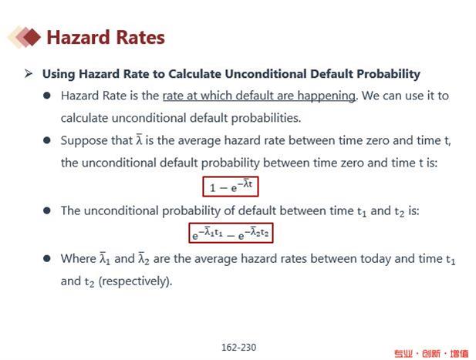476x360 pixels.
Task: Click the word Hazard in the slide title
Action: pos(79,37)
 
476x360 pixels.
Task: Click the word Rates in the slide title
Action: pos(140,37)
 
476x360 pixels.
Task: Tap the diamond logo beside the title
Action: pos(24,37)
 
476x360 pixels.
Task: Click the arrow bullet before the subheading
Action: pos(29,74)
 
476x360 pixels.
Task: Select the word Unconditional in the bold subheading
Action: pos(265,74)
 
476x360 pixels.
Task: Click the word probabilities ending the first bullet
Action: pos(266,118)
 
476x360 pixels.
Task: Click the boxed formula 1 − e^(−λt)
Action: pos(231,187)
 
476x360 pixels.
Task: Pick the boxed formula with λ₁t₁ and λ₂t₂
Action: pos(231,233)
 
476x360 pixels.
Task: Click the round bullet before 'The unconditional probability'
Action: pos(47,210)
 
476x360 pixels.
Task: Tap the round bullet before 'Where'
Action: pos(47,259)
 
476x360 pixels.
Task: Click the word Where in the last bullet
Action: pos(79,259)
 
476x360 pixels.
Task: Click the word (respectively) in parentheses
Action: pos(135,281)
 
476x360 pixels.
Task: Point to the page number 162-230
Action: pos(239,347)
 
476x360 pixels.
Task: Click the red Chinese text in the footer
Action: pos(431,353)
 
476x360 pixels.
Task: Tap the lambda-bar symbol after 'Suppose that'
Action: pos(139,140)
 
